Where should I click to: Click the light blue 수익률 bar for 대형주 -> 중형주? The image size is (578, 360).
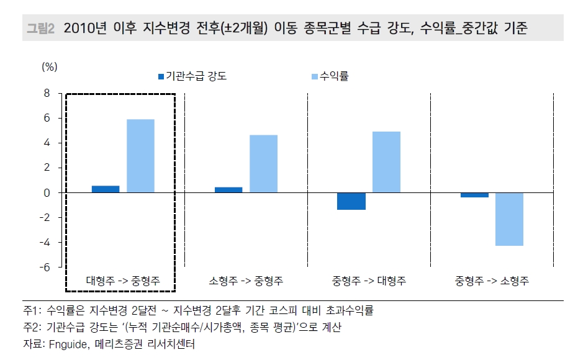(140, 156)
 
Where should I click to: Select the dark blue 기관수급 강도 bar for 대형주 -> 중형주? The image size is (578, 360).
(106, 189)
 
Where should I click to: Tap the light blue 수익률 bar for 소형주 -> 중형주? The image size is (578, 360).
(263, 164)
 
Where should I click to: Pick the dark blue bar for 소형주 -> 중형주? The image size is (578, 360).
(228, 189)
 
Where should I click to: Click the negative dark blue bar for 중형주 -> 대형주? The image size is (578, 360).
(351, 201)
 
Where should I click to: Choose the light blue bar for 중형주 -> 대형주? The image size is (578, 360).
(386, 162)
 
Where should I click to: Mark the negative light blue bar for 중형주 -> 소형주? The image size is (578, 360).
(509, 219)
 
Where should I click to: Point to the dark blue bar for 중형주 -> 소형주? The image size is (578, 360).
(474, 195)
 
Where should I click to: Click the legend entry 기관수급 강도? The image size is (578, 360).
(196, 76)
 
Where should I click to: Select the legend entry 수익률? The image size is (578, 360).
(338, 76)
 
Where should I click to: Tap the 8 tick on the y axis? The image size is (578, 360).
(45, 93)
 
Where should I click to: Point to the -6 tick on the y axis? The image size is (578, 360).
(43, 267)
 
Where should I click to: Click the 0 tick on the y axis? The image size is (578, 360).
(45, 192)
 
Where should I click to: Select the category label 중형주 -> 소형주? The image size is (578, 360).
(492, 281)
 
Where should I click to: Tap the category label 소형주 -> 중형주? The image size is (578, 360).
(246, 281)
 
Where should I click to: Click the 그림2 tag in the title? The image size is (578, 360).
(41, 29)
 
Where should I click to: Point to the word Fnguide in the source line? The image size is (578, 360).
(67, 343)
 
